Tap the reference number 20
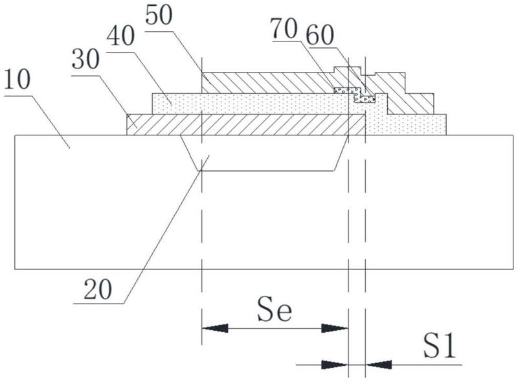(x=98, y=289)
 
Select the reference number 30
(x=85, y=60)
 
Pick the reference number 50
(x=159, y=15)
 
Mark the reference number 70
(x=284, y=28)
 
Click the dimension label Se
(x=275, y=309)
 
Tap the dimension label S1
(x=440, y=346)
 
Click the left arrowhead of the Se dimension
(x=215, y=328)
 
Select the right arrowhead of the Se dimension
(x=335, y=328)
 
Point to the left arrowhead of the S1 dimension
(x=335, y=365)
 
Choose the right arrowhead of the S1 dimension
(x=379, y=365)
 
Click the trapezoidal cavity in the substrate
(x=264, y=153)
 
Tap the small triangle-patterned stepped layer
(x=355, y=95)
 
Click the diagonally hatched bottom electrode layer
(x=246, y=124)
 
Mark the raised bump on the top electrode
(x=348, y=71)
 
